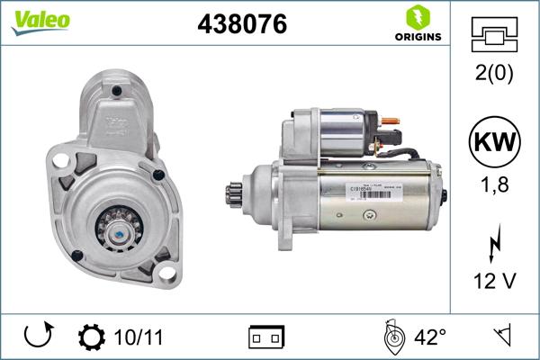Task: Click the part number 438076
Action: (241, 25)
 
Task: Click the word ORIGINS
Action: (417, 37)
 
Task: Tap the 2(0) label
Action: (495, 74)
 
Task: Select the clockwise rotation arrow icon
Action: (37, 337)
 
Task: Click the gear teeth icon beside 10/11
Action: (91, 337)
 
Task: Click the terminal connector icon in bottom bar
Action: (265, 337)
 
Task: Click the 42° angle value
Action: (430, 337)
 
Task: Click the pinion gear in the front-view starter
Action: (119, 229)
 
